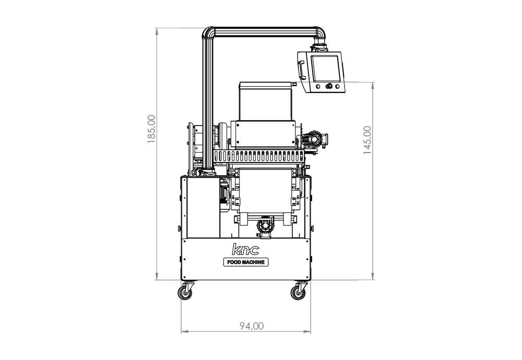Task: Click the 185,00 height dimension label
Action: [x=151, y=129]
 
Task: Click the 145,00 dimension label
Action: [x=367, y=140]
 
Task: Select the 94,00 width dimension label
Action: [x=252, y=326]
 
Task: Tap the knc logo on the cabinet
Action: [x=245, y=249]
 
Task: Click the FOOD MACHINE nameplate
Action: [x=246, y=262]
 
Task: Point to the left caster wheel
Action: [x=185, y=292]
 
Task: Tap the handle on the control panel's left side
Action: [x=302, y=69]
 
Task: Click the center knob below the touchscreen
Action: [x=329, y=86]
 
